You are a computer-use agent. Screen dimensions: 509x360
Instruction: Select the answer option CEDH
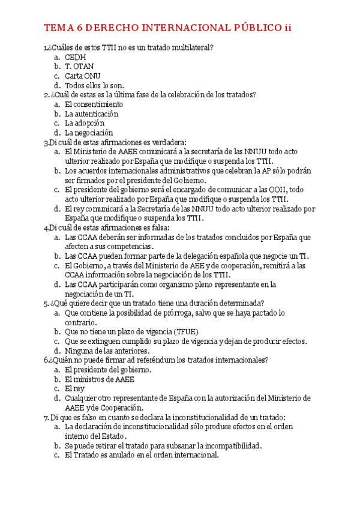coord(76,57)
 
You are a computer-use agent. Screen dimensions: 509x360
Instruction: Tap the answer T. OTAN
coord(79,67)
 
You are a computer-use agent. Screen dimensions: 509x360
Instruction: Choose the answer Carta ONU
coord(83,76)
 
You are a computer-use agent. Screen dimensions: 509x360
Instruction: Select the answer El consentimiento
coord(94,104)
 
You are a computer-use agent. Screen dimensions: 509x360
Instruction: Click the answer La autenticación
coord(91,114)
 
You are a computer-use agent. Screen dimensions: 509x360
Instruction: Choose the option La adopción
coord(85,124)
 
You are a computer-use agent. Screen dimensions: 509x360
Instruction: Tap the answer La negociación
coord(89,133)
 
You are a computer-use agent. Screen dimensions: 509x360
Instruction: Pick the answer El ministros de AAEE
coord(100,379)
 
